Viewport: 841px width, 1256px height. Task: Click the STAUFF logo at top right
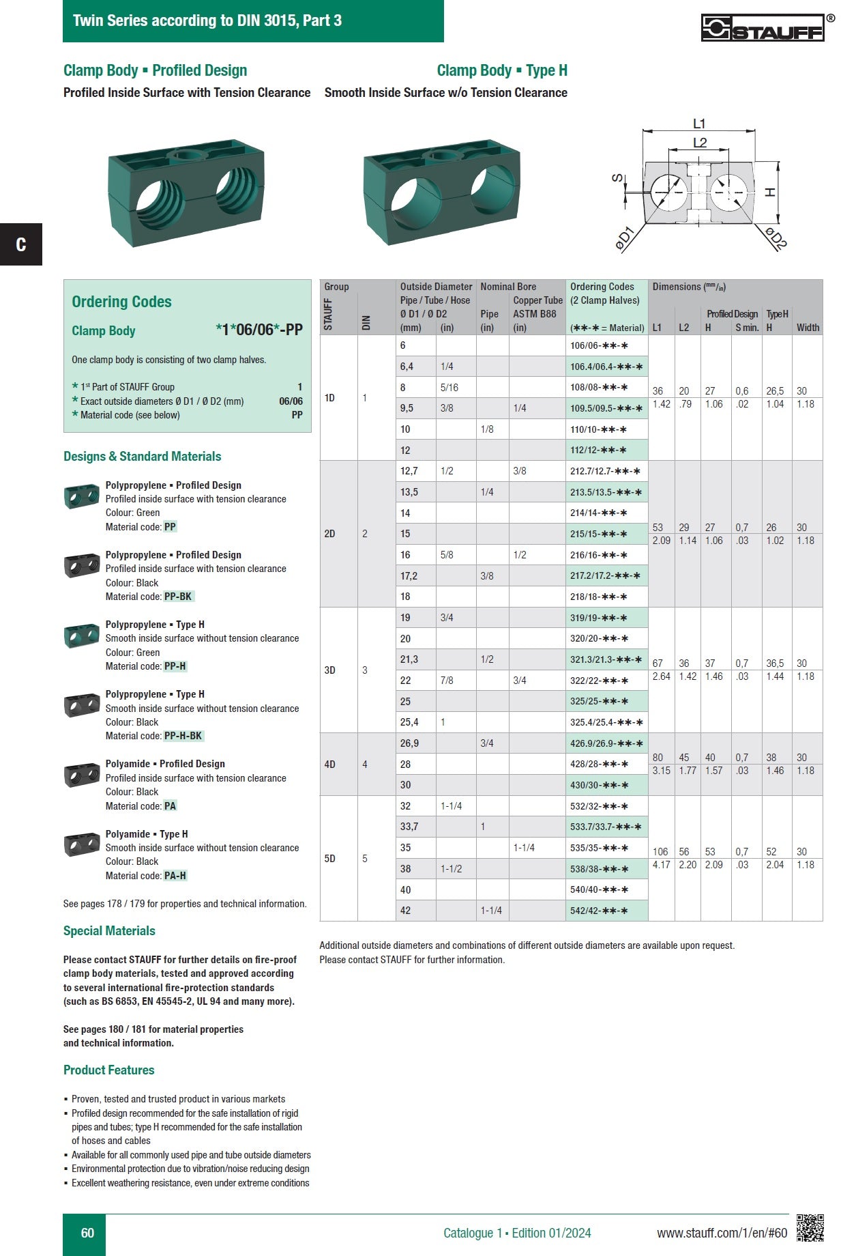point(763,28)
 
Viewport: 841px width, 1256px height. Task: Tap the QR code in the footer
point(810,1228)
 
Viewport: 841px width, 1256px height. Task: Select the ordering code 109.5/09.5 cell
point(606,408)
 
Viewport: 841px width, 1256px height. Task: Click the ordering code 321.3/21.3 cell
point(606,659)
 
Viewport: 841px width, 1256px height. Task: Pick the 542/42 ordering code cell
point(599,911)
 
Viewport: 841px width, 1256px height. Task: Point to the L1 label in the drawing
point(699,124)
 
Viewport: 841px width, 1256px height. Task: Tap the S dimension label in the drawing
point(618,179)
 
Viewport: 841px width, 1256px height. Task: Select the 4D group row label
point(329,765)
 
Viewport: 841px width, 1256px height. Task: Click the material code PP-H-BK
point(183,736)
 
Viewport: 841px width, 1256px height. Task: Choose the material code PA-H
point(175,876)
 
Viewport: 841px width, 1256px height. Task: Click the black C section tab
point(21,244)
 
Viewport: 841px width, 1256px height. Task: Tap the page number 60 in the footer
point(87,1233)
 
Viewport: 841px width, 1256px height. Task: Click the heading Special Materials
point(109,931)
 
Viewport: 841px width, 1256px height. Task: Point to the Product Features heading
point(109,1070)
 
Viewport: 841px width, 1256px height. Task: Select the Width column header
point(808,328)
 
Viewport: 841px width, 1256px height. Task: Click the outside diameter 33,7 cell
point(409,827)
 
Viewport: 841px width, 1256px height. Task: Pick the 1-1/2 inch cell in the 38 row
point(452,869)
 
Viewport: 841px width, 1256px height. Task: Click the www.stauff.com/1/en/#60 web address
point(722,1233)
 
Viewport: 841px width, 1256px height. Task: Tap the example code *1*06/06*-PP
point(259,330)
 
